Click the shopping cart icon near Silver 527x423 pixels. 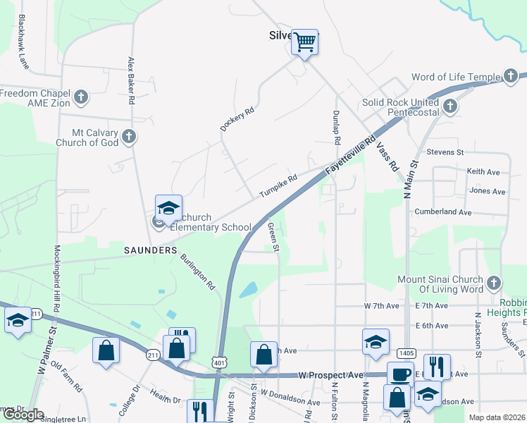(x=305, y=42)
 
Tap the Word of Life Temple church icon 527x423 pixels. (x=512, y=77)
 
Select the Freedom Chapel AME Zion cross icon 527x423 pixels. (x=81, y=97)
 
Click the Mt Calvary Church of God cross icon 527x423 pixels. (x=128, y=136)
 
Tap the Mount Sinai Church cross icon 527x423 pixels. (x=493, y=283)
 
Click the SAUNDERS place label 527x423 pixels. (x=150, y=250)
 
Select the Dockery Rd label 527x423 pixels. (x=236, y=119)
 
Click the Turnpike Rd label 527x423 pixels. (x=278, y=185)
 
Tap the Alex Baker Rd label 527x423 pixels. (x=131, y=80)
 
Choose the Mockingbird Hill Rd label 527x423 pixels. (x=56, y=276)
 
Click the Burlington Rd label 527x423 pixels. (x=199, y=271)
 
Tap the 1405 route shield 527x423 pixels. (x=407, y=352)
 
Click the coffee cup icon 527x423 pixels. (x=400, y=374)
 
